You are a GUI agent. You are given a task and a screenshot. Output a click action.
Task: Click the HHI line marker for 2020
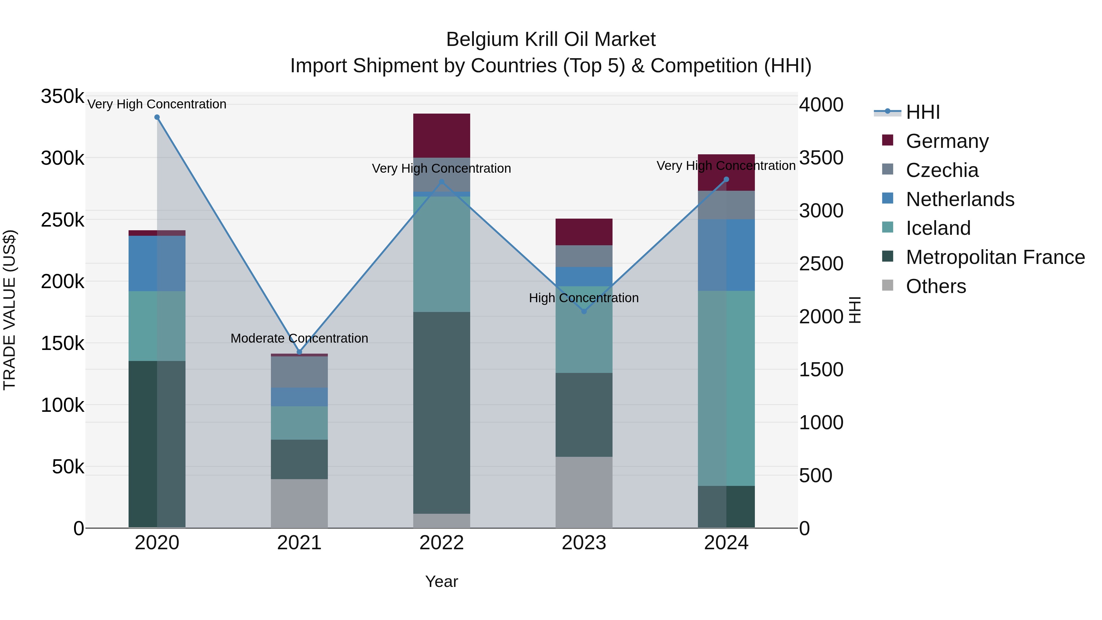click(x=157, y=117)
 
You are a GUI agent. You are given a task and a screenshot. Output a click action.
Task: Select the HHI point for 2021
click(x=299, y=352)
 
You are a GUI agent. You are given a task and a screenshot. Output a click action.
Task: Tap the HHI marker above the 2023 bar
click(x=584, y=311)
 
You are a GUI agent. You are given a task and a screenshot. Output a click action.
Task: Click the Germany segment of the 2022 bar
click(x=441, y=136)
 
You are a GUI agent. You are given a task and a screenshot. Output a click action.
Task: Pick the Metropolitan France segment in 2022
click(x=441, y=413)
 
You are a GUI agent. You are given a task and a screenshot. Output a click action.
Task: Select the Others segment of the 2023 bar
click(x=584, y=492)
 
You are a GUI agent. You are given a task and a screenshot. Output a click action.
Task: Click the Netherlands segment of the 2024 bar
click(x=726, y=255)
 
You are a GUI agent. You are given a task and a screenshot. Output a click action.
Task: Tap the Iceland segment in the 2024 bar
click(x=726, y=388)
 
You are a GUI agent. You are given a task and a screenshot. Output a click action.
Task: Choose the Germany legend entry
click(x=947, y=141)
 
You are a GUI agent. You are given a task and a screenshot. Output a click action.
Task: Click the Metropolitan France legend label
click(x=995, y=257)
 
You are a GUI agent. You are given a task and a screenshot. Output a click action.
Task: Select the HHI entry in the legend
click(x=923, y=112)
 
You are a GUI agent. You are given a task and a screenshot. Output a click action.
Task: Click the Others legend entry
click(x=935, y=286)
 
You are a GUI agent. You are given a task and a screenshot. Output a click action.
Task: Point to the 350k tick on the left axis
click(x=62, y=96)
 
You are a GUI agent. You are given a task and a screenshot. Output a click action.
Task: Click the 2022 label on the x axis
click(x=441, y=543)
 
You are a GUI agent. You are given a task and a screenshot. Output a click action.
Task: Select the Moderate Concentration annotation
click(x=299, y=338)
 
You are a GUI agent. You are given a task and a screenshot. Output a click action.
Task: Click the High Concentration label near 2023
click(x=584, y=298)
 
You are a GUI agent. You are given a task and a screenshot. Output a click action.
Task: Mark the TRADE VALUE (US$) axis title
click(x=9, y=310)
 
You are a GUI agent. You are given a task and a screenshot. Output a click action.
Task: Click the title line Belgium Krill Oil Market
click(x=551, y=39)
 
